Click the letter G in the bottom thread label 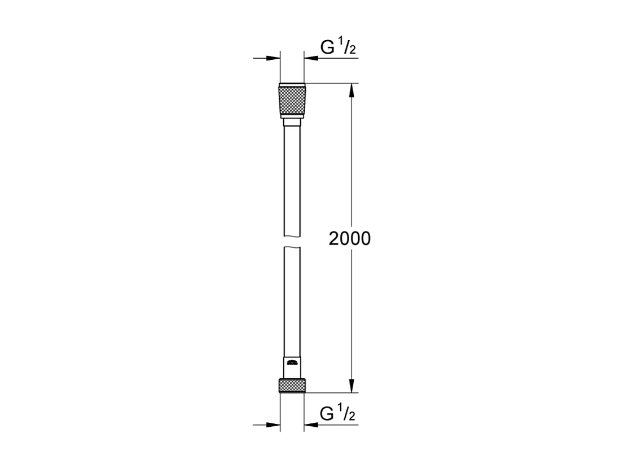click(x=327, y=414)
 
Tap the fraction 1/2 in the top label click(x=346, y=47)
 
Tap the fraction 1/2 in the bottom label click(x=346, y=414)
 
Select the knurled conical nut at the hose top click(x=292, y=100)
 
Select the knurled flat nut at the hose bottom click(x=292, y=386)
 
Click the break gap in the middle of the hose click(x=292, y=240)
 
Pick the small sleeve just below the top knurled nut click(x=292, y=122)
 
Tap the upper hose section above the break click(x=292, y=181)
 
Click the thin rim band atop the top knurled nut click(x=292, y=85)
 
